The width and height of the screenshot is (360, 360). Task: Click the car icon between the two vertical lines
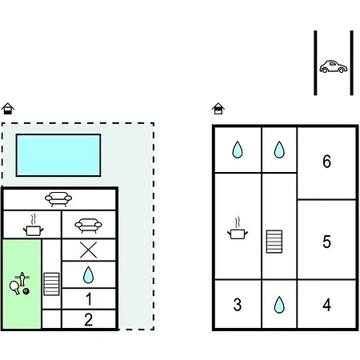pyautogui.click(x=334, y=66)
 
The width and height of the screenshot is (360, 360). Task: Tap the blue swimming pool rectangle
pyautogui.click(x=58, y=155)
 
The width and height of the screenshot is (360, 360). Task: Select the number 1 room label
pyautogui.click(x=89, y=299)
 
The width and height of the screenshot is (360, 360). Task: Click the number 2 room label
pyautogui.click(x=89, y=319)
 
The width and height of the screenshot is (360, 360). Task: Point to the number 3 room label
pyautogui.click(x=238, y=305)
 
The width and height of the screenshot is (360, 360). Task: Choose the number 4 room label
pyautogui.click(x=327, y=305)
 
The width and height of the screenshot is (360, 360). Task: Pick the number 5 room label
pyautogui.click(x=327, y=242)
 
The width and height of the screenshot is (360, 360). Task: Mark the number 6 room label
pyautogui.click(x=327, y=162)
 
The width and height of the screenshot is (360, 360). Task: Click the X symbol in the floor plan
pyautogui.click(x=89, y=250)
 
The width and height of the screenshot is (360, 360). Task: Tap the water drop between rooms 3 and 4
pyautogui.click(x=279, y=305)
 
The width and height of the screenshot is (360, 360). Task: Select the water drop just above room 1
pyautogui.click(x=88, y=274)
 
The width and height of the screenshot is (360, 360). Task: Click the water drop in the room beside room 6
pyautogui.click(x=279, y=150)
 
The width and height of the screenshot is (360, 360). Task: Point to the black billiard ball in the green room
pyautogui.click(x=26, y=291)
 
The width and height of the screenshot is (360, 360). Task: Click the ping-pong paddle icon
pyautogui.click(x=14, y=288)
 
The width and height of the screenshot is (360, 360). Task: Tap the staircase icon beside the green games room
pyautogui.click(x=51, y=284)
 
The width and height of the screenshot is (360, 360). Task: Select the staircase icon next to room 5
pyautogui.click(x=274, y=242)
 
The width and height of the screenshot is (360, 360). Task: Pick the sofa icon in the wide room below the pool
pyautogui.click(x=58, y=199)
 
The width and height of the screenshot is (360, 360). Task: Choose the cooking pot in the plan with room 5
pyautogui.click(x=238, y=229)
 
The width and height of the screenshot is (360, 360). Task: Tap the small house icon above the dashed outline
pyautogui.click(x=8, y=109)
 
